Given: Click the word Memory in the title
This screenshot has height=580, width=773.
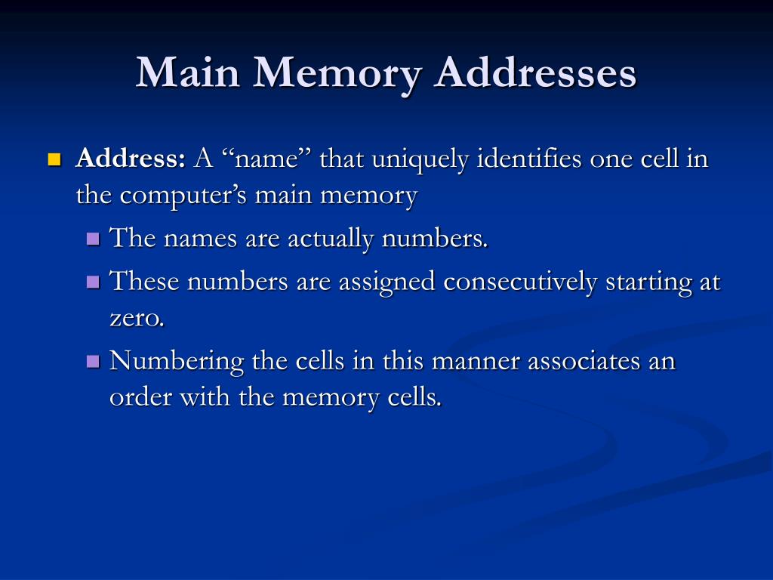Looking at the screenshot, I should [x=336, y=74].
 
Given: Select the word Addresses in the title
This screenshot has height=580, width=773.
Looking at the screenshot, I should [x=536, y=74].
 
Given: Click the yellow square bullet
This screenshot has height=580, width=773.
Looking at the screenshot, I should [x=54, y=159].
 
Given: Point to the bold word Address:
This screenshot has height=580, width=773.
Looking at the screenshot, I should [x=131, y=159].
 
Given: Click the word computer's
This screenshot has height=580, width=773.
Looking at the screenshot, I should [x=186, y=196].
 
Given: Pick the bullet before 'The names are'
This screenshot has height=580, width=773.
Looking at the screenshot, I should [x=94, y=239].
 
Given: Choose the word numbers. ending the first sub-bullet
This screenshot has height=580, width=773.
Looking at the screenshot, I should [x=436, y=239].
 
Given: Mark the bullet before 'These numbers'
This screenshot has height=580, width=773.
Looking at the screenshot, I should [x=94, y=282].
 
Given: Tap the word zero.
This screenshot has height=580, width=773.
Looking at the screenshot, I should [x=137, y=318].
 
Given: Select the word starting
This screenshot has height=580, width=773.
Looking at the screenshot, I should [x=649, y=282].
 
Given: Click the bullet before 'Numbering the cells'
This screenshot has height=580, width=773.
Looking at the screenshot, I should [x=94, y=361].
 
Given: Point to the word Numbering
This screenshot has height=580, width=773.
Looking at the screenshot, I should [x=177, y=362].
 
